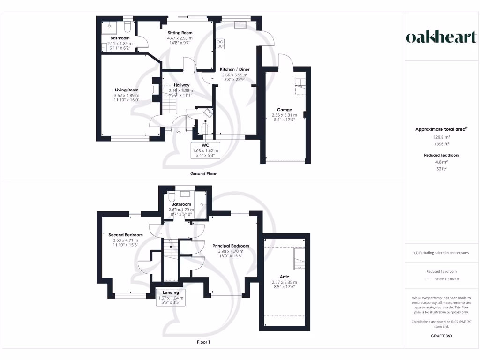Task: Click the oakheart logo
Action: [x=441, y=38]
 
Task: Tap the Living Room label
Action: [x=127, y=90]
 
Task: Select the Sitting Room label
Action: [x=180, y=33]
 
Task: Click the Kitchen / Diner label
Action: [x=235, y=69]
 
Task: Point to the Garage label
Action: [x=284, y=110]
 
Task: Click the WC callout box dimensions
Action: [x=205, y=152]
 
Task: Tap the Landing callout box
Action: [x=171, y=298]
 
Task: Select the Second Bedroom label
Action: [x=125, y=235]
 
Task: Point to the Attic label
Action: [x=284, y=277]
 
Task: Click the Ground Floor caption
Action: [x=203, y=174]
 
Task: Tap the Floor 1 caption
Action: [x=203, y=342]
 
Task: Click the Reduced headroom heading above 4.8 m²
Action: [x=441, y=155]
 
